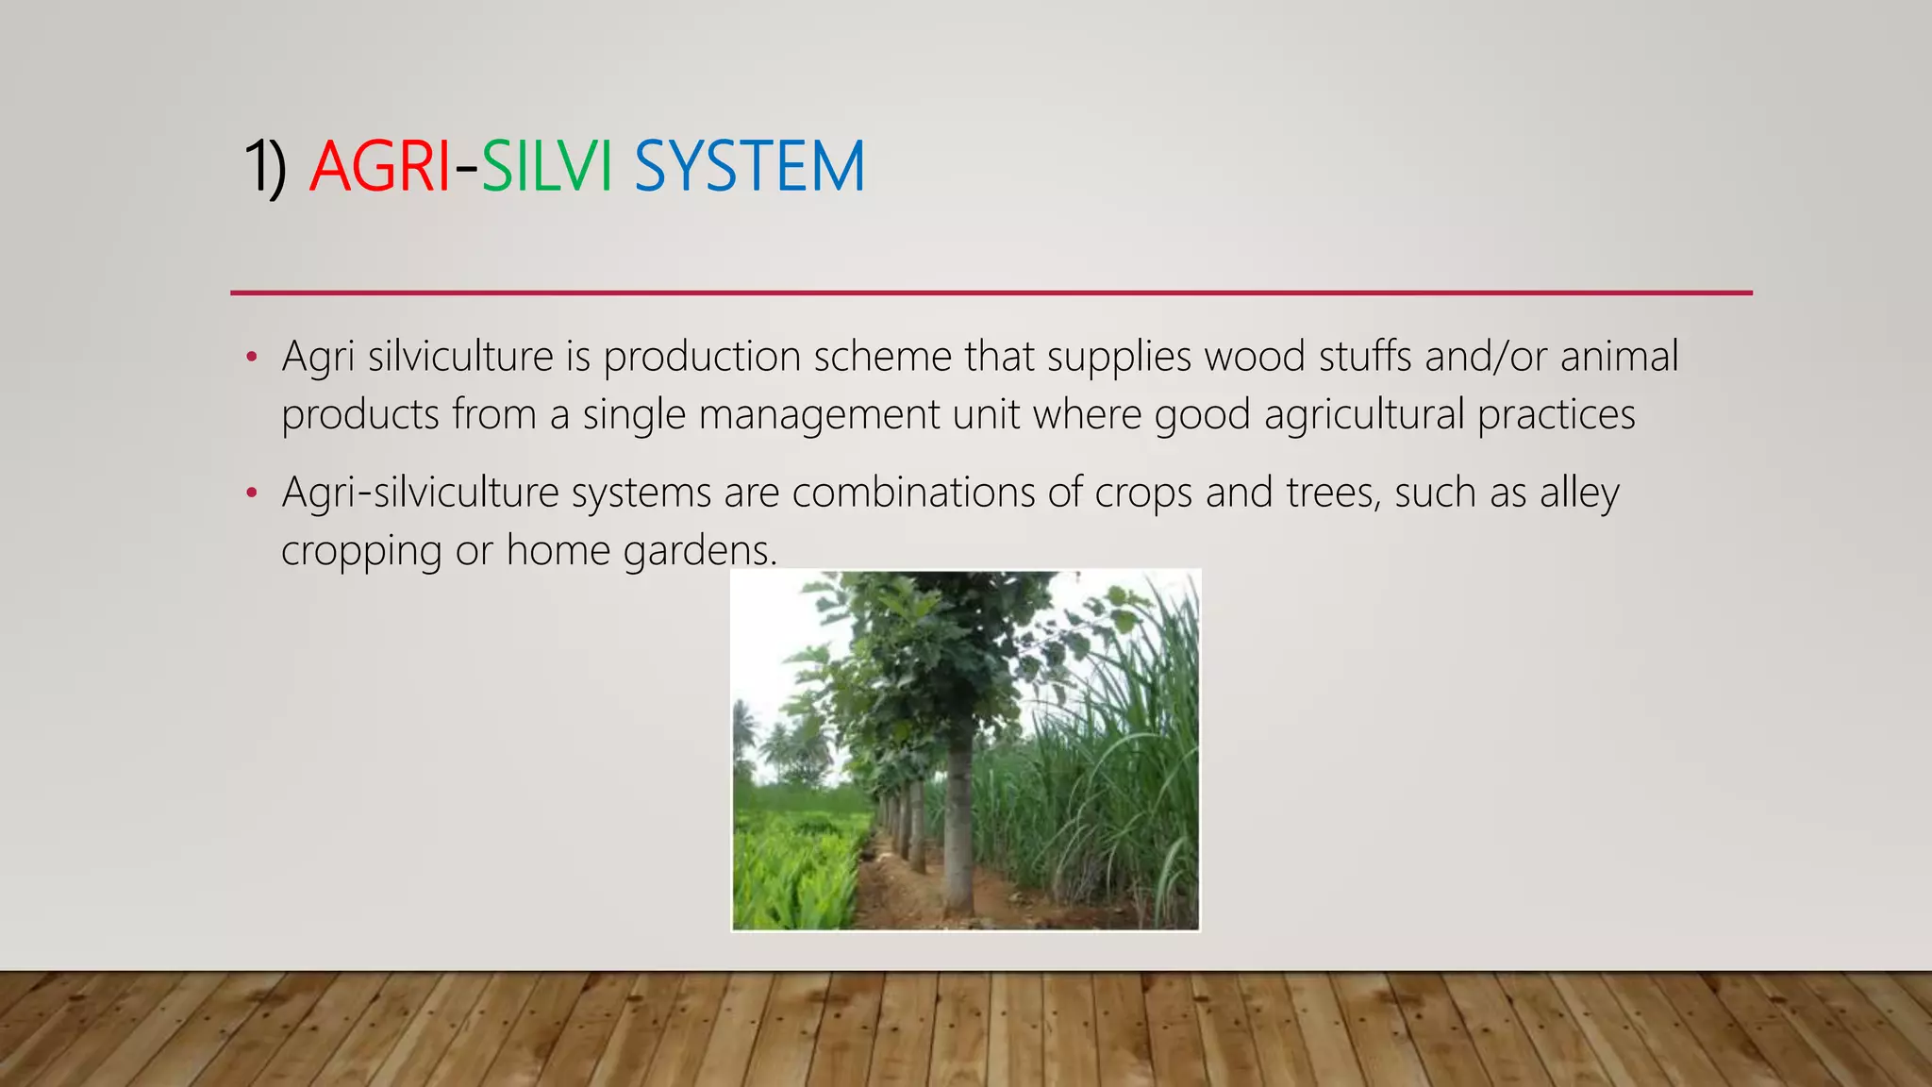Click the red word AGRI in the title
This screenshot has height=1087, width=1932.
pos(379,167)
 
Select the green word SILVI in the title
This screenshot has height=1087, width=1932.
pos(547,167)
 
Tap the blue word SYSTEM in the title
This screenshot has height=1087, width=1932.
pos(749,167)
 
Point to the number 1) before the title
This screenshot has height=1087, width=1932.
pos(265,167)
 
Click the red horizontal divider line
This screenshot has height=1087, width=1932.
pos(991,293)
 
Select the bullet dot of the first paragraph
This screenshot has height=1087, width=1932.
pos(251,358)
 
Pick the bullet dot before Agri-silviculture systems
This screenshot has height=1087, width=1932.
pos(251,493)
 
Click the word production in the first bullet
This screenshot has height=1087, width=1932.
pos(702,358)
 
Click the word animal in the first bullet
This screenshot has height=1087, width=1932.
pos(1619,358)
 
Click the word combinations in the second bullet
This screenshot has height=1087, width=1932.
pos(913,493)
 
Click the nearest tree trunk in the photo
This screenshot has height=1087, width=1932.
pos(958,821)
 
